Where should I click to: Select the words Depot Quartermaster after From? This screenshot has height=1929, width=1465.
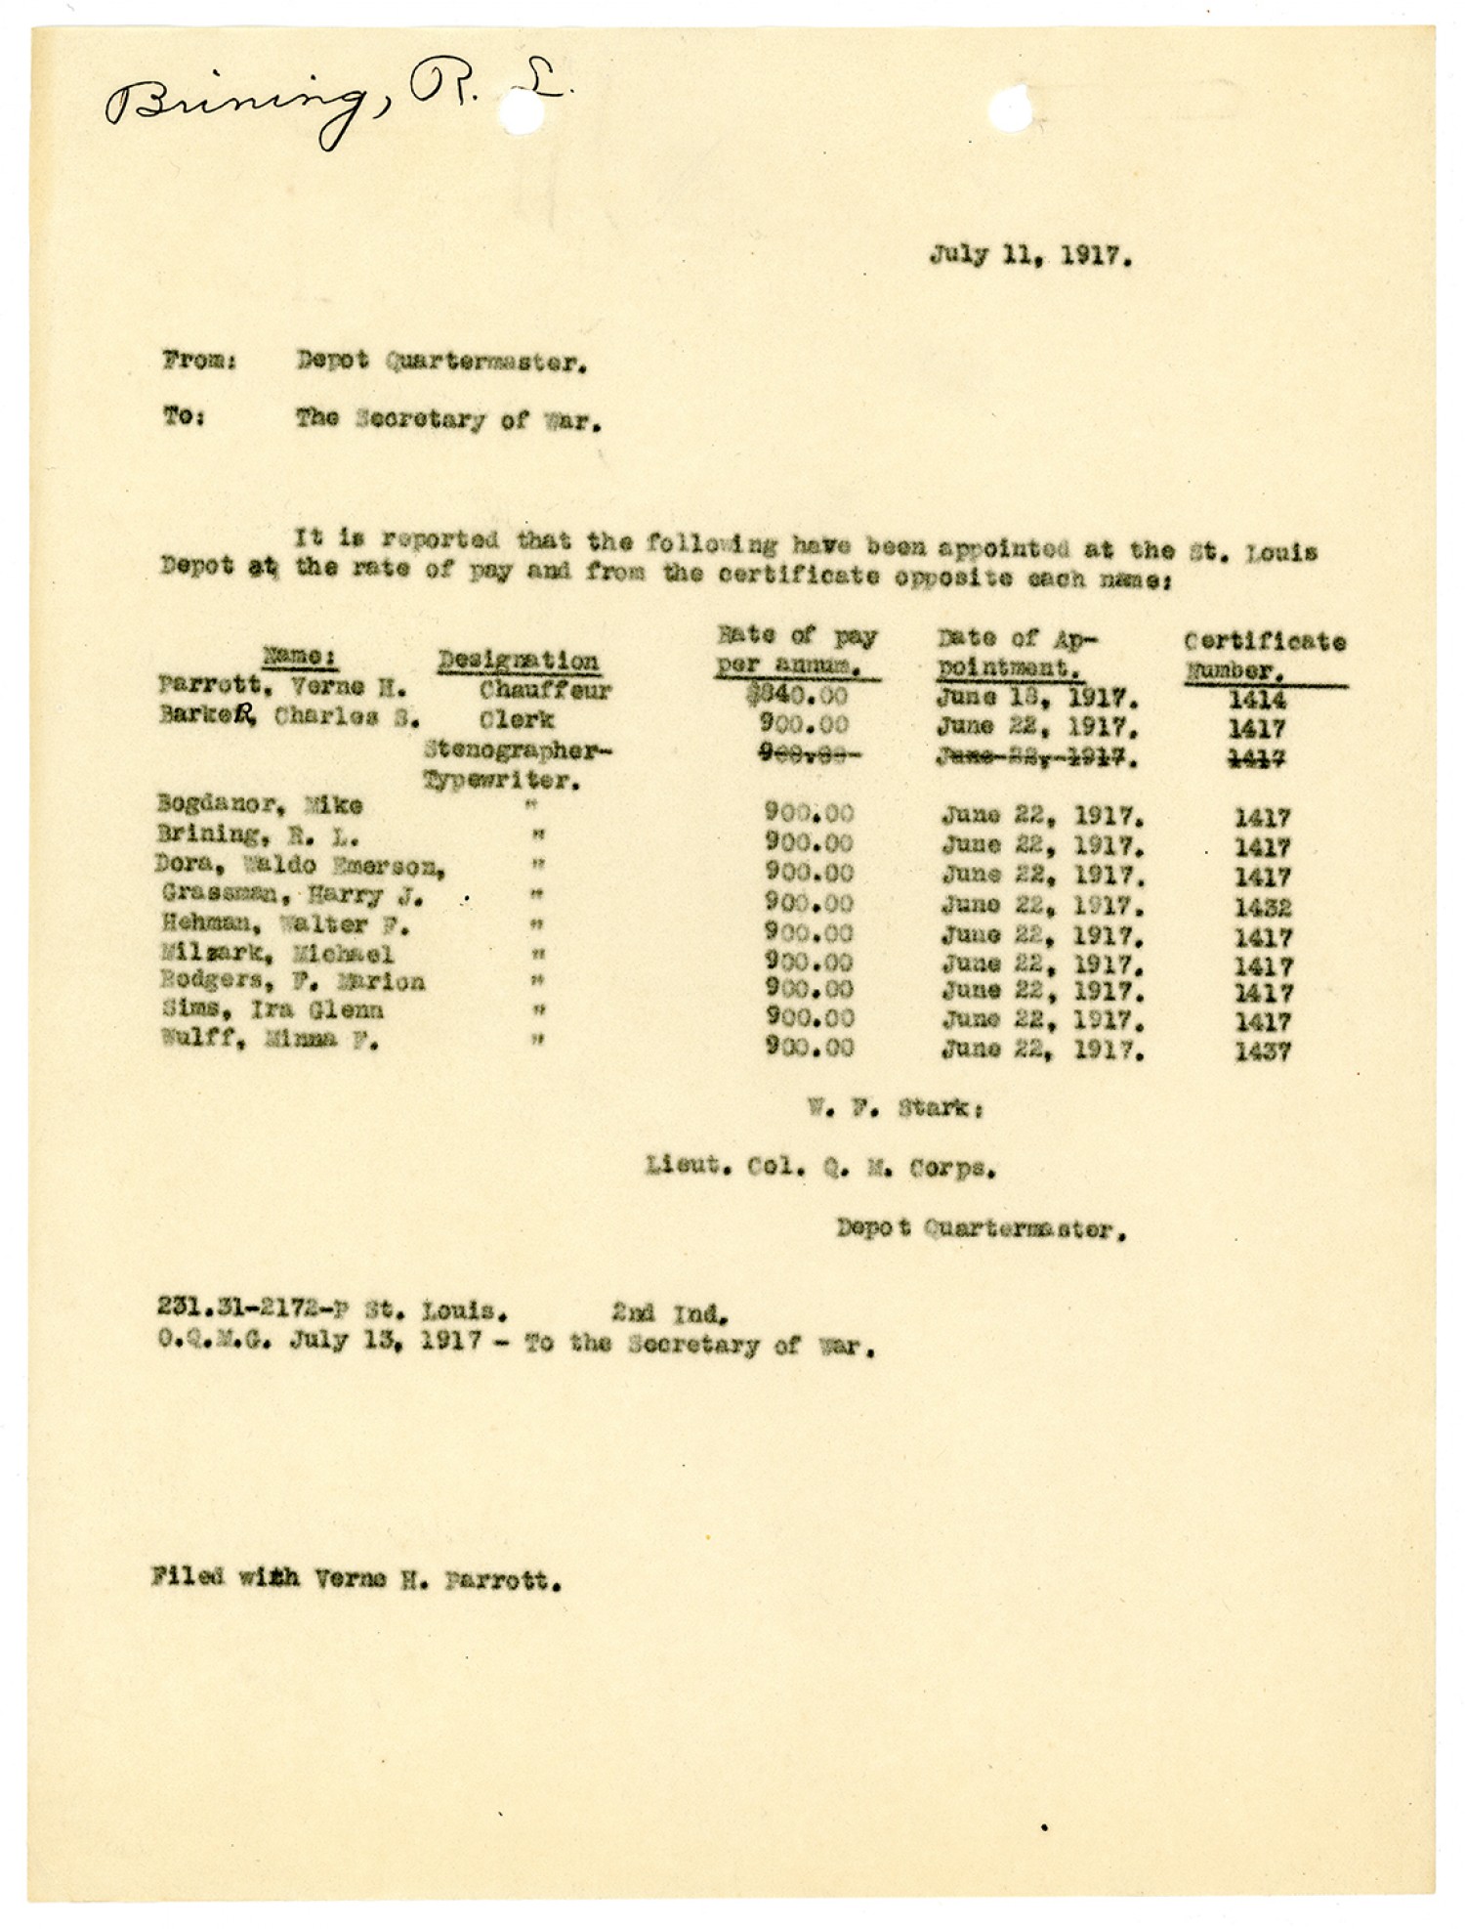[x=441, y=363]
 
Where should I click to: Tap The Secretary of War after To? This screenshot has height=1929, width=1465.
[x=448, y=421]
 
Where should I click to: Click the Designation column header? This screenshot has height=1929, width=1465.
[x=518, y=662]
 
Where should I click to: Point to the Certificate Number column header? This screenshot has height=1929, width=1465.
[x=1265, y=656]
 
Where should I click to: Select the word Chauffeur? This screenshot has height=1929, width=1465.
[x=545, y=691]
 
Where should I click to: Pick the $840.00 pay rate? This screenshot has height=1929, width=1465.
[x=802, y=696]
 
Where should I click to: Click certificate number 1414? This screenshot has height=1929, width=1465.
[x=1258, y=700]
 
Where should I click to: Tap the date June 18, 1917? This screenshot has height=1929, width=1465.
[x=1036, y=699]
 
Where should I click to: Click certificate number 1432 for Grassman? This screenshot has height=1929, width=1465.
[x=1262, y=908]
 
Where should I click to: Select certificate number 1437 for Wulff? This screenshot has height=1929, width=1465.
[x=1262, y=1052]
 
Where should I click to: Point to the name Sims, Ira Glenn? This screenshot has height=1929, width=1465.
[x=272, y=1010]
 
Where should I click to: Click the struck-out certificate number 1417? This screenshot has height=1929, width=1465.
[x=1258, y=758]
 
